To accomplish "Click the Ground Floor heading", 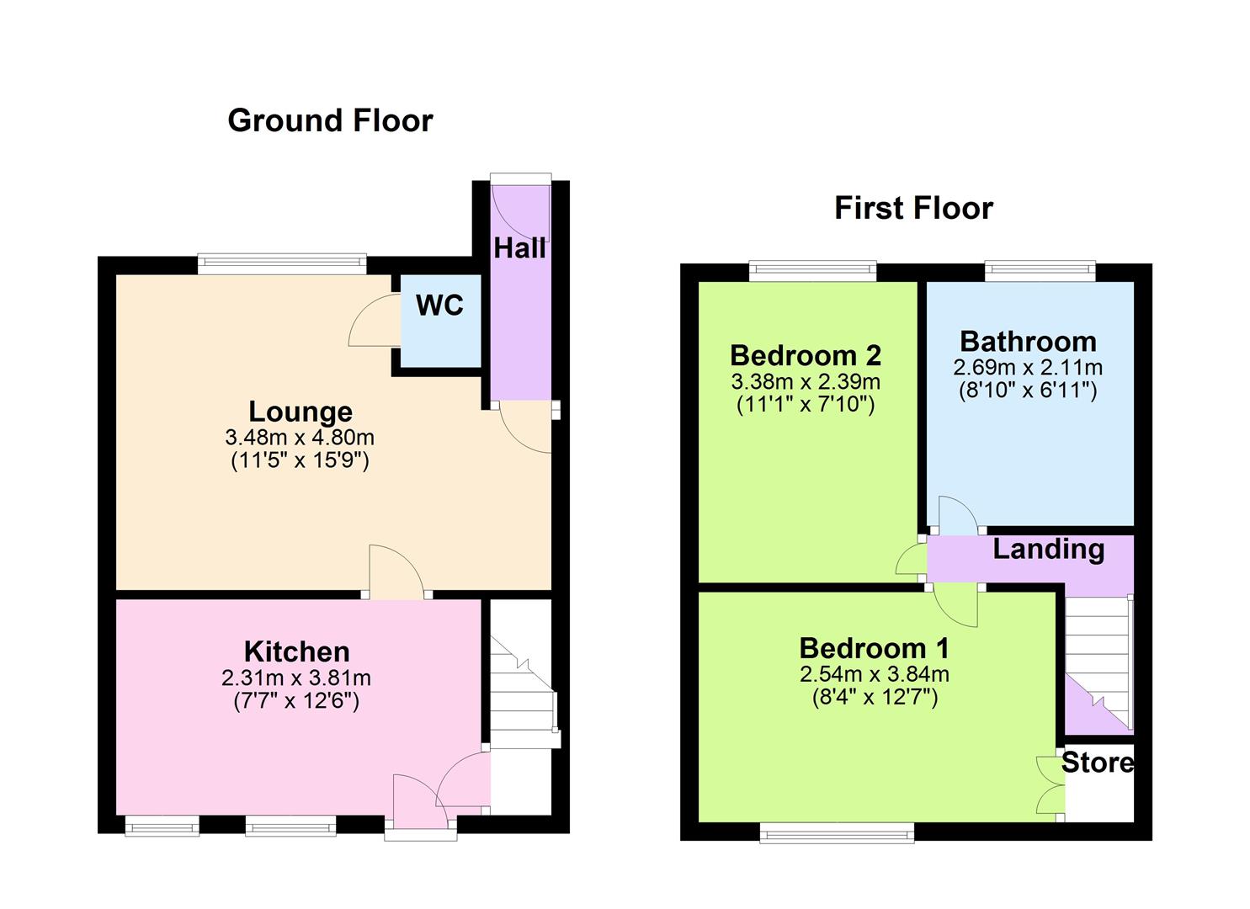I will (330, 121).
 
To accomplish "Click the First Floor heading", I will (913, 208).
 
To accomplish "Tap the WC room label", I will (439, 306).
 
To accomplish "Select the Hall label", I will (519, 248).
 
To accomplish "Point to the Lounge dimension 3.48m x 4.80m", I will (300, 438).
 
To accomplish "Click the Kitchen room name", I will (296, 651).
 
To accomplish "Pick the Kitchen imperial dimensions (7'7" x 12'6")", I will (296, 700).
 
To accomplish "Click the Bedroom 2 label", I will (806, 355).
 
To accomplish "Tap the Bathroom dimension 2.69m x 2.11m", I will (1028, 368).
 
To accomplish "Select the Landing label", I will (1048, 549).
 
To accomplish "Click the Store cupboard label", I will (1097, 763).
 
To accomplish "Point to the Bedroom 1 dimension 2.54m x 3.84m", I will (875, 674).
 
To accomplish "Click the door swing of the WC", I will (373, 322).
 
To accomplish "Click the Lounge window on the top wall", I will (282, 264).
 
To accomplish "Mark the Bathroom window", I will (1040, 272).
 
